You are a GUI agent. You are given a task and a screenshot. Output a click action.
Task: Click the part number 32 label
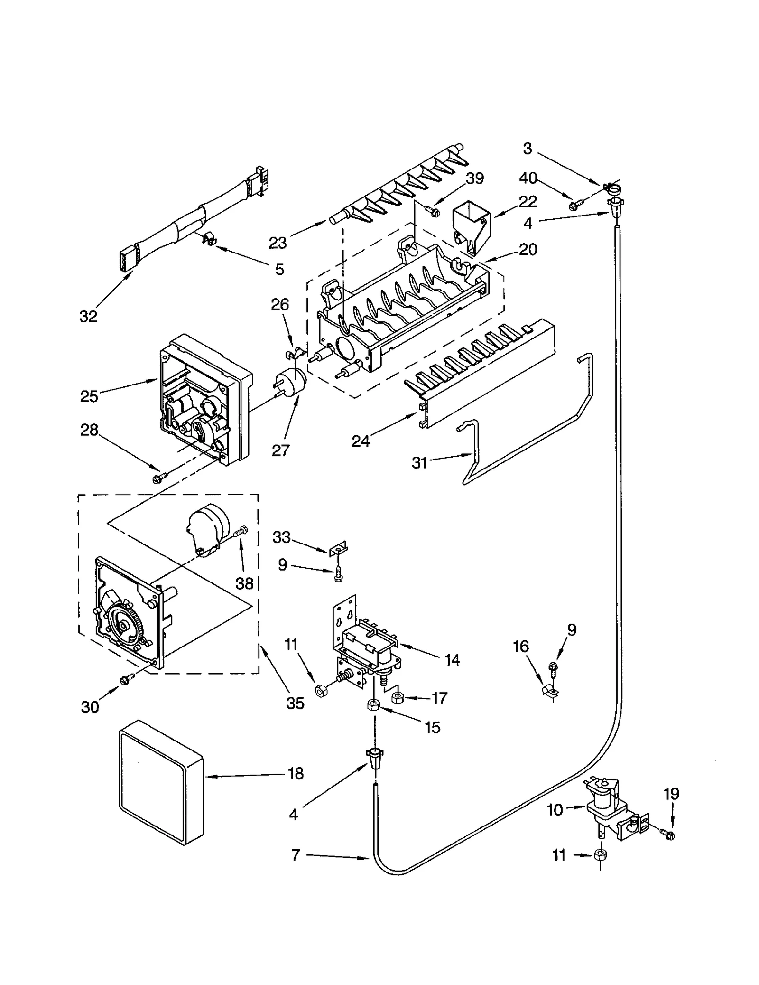pos(88,316)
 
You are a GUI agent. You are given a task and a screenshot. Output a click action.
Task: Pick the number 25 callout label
pos(89,396)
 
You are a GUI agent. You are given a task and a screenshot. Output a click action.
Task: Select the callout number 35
pos(295,703)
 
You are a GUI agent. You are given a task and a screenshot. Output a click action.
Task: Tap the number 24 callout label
pos(361,441)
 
